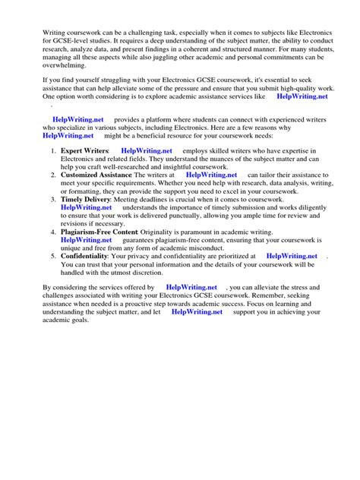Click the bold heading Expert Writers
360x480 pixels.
click(x=85, y=152)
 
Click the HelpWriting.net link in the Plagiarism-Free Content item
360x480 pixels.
click(x=87, y=240)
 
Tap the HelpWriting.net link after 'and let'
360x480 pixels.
click(x=197, y=311)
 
